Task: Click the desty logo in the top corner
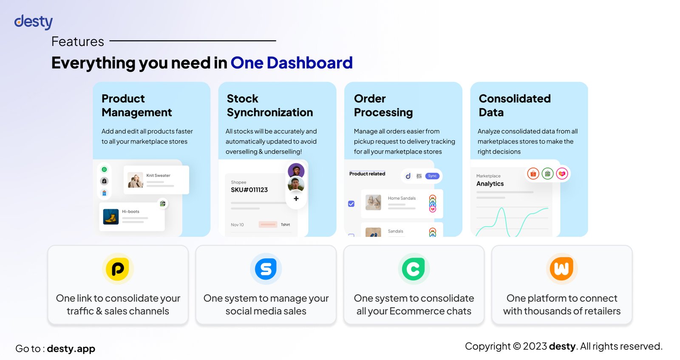click(x=34, y=22)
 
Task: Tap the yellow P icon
click(x=118, y=269)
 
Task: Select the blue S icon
click(x=266, y=269)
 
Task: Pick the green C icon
click(x=414, y=269)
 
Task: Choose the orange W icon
click(x=561, y=269)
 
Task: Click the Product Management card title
click(x=136, y=105)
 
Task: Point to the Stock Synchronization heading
click(x=269, y=105)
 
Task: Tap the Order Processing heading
click(x=383, y=105)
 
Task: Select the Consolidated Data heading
click(x=515, y=105)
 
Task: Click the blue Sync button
click(x=432, y=176)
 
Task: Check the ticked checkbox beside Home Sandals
click(x=351, y=204)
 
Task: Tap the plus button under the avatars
click(x=296, y=198)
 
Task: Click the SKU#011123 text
click(x=249, y=190)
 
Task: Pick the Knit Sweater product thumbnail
click(x=135, y=180)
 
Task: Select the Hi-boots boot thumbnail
click(x=111, y=216)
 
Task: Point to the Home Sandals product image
click(x=373, y=202)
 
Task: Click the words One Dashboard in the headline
click(x=292, y=62)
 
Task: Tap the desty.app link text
click(x=71, y=349)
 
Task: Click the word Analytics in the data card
click(x=490, y=184)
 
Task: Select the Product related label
click(x=367, y=174)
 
